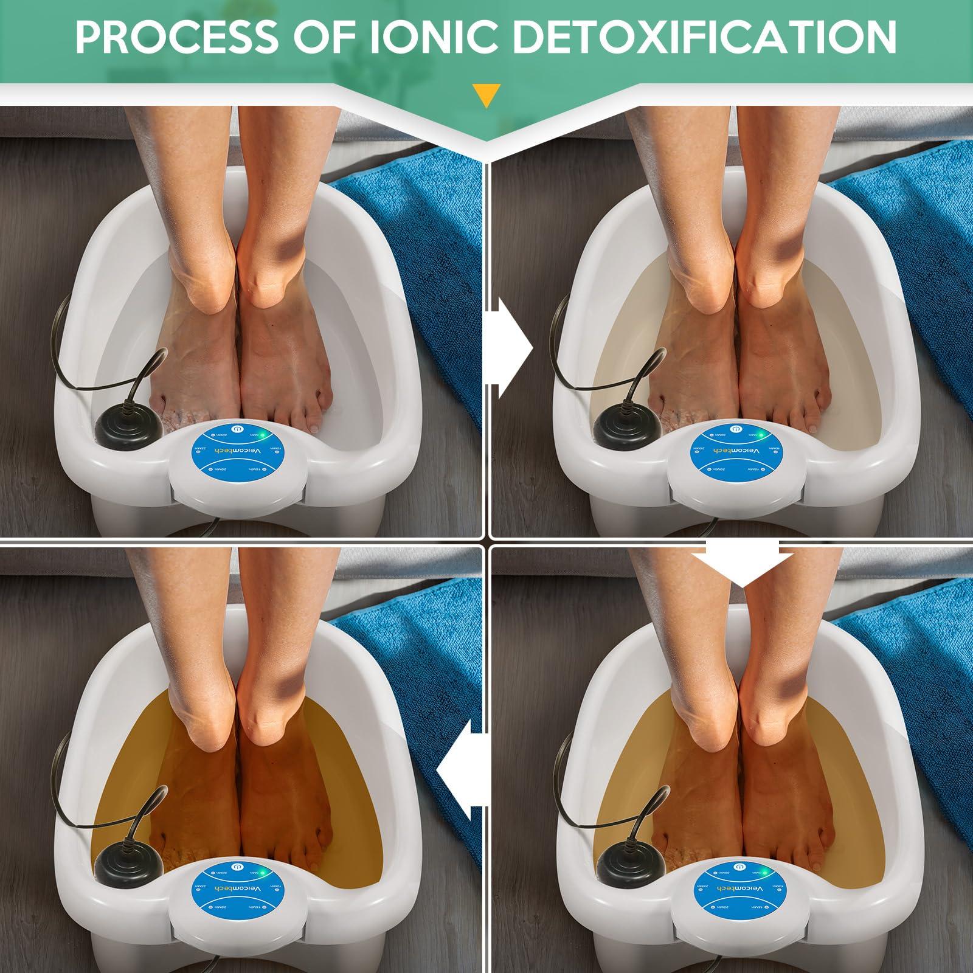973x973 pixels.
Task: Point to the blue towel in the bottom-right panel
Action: pyautogui.click(x=912, y=699)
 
